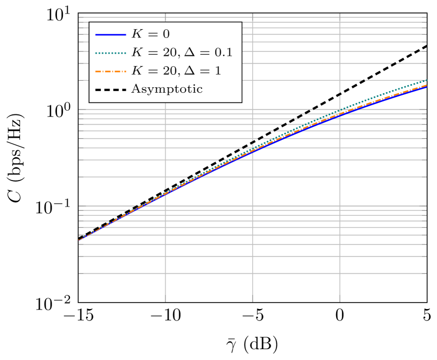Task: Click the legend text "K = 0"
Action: [x=151, y=34]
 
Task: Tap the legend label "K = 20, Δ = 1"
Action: [x=176, y=71]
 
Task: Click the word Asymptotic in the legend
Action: [x=167, y=89]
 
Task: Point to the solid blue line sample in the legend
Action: [x=111, y=34]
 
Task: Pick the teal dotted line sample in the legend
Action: [x=111, y=53]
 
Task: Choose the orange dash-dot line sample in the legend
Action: [x=111, y=71]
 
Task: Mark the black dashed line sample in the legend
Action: [x=111, y=89]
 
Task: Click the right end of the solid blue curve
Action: [x=426, y=87]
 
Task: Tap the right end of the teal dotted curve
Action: [x=426, y=80]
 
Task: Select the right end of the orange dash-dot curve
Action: [x=426, y=85]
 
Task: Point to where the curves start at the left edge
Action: [x=80, y=240]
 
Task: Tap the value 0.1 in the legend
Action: [x=224, y=53]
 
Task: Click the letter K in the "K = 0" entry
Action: [x=137, y=34]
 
